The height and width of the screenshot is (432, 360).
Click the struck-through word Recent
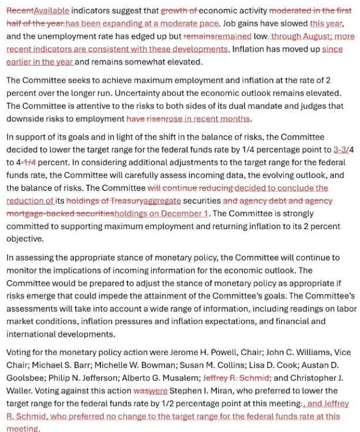pyautogui.click(x=20, y=10)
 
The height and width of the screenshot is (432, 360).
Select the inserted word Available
pyautogui.click(x=52, y=10)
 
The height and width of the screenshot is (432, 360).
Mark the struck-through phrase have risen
pyautogui.click(x=146, y=119)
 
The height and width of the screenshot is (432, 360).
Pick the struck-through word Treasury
pyautogui.click(x=121, y=201)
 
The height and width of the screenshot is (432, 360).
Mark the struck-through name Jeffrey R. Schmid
pyautogui.click(x=237, y=379)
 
